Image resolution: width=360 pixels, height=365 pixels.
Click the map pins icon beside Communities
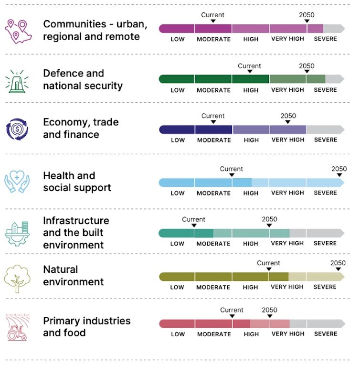pyautogui.click(x=18, y=30)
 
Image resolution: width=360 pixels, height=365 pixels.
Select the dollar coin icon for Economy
pyautogui.click(x=18, y=129)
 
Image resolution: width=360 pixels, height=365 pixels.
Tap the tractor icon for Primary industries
pyautogui.click(x=18, y=327)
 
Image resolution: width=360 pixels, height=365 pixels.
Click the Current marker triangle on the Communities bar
pyautogui.click(x=213, y=21)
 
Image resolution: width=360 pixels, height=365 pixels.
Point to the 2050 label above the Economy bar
pyautogui.click(x=288, y=116)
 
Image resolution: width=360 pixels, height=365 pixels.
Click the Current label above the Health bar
pyautogui.click(x=232, y=169)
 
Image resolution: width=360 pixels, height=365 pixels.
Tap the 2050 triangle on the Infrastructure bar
pyautogui.click(x=269, y=226)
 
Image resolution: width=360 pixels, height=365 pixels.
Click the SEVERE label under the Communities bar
pyautogui.click(x=325, y=39)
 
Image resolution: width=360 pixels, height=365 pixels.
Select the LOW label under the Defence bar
pyautogui.click(x=178, y=90)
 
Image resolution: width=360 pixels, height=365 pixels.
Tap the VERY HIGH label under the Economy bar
pyautogui.click(x=287, y=140)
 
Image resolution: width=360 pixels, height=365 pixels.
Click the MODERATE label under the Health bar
pyautogui.click(x=213, y=193)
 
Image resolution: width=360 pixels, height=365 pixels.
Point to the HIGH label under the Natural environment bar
pyautogui.click(x=250, y=287)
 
